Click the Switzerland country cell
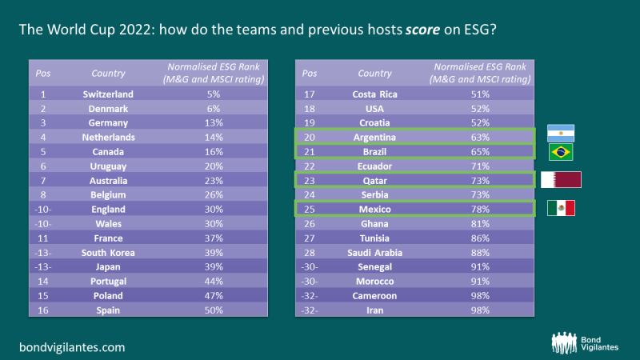(108, 94)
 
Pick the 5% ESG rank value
(213, 94)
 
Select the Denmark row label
(108, 108)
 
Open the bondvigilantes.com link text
(72, 347)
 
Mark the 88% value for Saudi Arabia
(480, 252)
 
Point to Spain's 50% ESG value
(213, 309)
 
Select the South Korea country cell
(108, 252)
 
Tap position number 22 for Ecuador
(310, 166)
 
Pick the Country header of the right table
(374, 74)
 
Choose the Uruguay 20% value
(213, 166)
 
